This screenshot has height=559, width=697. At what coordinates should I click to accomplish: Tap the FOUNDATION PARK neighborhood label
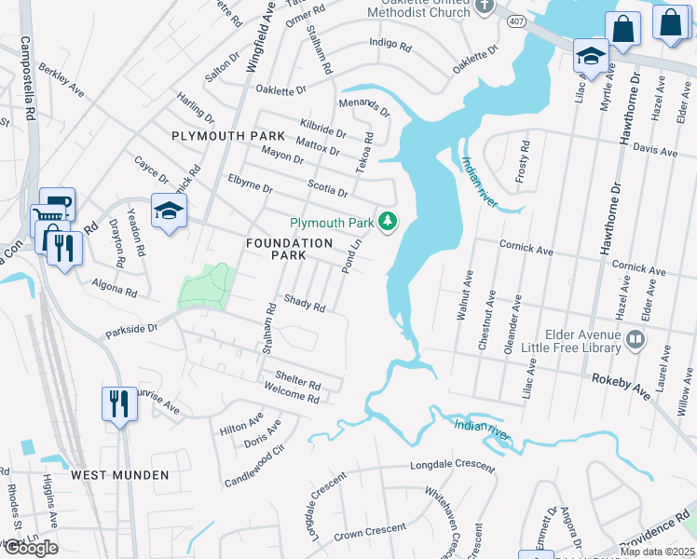coord(289,249)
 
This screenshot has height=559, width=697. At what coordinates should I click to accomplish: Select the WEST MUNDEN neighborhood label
coord(121,475)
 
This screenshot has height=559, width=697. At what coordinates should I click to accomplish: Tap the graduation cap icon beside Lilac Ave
coord(591,55)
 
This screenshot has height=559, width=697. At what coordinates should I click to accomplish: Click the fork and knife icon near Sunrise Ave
coord(119,403)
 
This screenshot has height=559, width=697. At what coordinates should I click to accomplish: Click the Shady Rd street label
coord(305,305)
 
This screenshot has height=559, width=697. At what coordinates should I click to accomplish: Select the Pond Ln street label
coord(352,254)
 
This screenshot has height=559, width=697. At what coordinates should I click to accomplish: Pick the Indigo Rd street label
coord(389,44)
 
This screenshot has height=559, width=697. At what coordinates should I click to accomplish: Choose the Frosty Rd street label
coord(525,160)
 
